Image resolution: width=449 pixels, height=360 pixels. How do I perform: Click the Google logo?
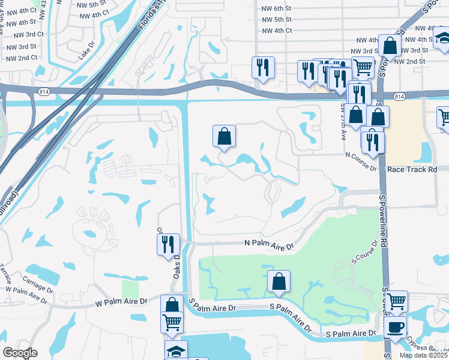[x=20, y=353]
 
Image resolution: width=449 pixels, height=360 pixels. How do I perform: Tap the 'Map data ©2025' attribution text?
[x=423, y=355]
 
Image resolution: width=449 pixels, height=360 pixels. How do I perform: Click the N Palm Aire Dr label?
[x=270, y=245]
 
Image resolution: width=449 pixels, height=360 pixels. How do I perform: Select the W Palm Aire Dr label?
[x=122, y=304]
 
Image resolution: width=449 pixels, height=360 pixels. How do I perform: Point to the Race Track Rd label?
[x=412, y=170]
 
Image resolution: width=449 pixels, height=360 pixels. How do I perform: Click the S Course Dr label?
[x=364, y=255]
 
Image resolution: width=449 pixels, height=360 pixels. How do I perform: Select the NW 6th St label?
[x=277, y=9]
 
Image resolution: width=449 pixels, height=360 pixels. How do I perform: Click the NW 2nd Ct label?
[x=20, y=58]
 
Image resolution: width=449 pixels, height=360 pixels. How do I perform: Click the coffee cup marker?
[x=395, y=328]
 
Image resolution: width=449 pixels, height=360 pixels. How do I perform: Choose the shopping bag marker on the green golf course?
[x=279, y=281]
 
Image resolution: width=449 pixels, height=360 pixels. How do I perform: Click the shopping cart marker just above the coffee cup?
[x=397, y=301]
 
